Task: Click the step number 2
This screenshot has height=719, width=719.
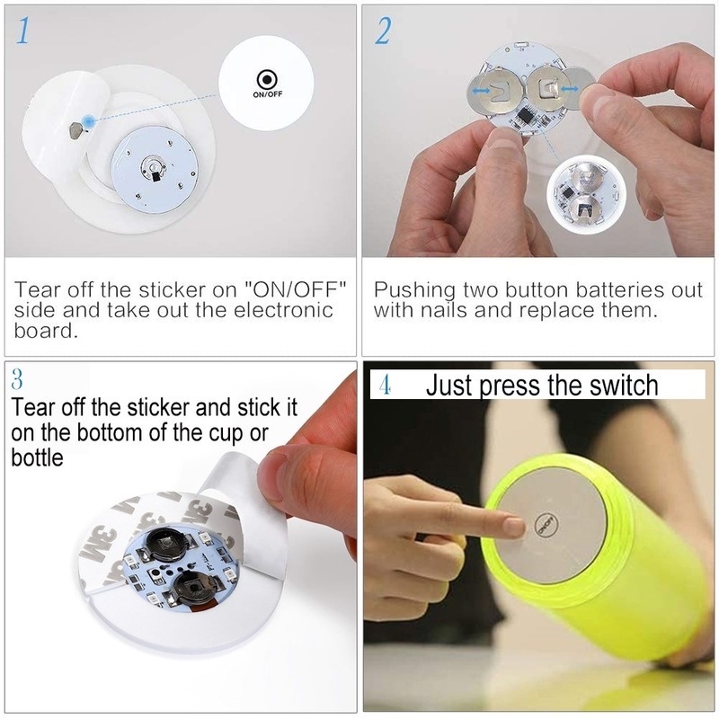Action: [x=383, y=33]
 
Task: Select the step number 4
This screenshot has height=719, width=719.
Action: [x=384, y=387]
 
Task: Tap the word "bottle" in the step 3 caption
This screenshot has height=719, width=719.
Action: [x=37, y=457]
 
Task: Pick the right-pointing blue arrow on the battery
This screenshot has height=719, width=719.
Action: [x=568, y=88]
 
